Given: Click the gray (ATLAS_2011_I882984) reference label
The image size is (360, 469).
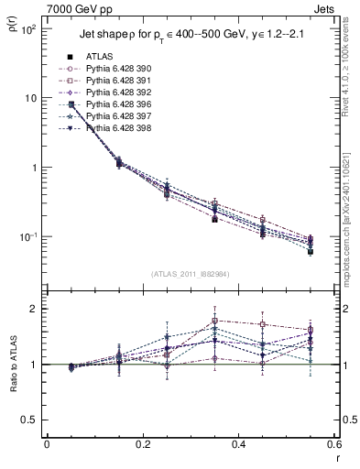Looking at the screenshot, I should [189, 275].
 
